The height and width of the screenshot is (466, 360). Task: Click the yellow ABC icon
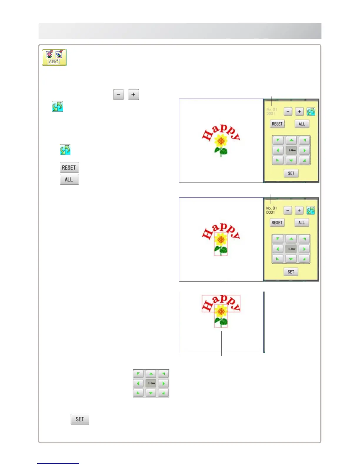[54, 57]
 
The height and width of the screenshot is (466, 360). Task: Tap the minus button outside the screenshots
[119, 95]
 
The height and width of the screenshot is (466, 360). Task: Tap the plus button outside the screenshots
[133, 95]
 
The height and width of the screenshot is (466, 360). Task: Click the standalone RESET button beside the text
[69, 168]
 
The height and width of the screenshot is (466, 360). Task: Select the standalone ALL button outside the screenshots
[69, 179]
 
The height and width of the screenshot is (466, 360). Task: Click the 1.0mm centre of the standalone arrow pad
[151, 383]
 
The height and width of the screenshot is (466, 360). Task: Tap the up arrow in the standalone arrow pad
[151, 374]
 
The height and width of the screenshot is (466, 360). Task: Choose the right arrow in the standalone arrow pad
[164, 383]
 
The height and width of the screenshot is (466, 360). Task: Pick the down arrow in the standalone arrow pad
[151, 393]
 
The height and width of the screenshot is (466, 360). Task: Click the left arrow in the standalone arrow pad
[138, 383]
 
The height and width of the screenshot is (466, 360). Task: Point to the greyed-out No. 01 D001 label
[271, 111]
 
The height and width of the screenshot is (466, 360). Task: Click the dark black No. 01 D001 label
[271, 210]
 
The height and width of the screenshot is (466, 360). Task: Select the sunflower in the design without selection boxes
[221, 141]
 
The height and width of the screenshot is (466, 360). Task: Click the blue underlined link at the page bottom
[58, 463]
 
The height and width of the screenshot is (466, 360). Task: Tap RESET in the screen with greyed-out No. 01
[277, 124]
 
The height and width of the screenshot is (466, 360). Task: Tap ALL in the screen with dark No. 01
[301, 223]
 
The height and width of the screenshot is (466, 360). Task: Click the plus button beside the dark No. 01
[299, 210]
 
